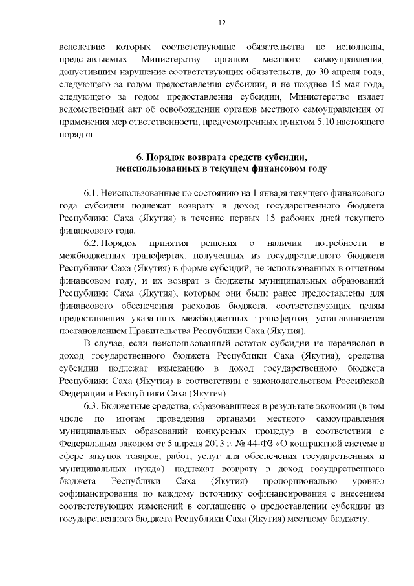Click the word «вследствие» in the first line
point(81,48)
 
